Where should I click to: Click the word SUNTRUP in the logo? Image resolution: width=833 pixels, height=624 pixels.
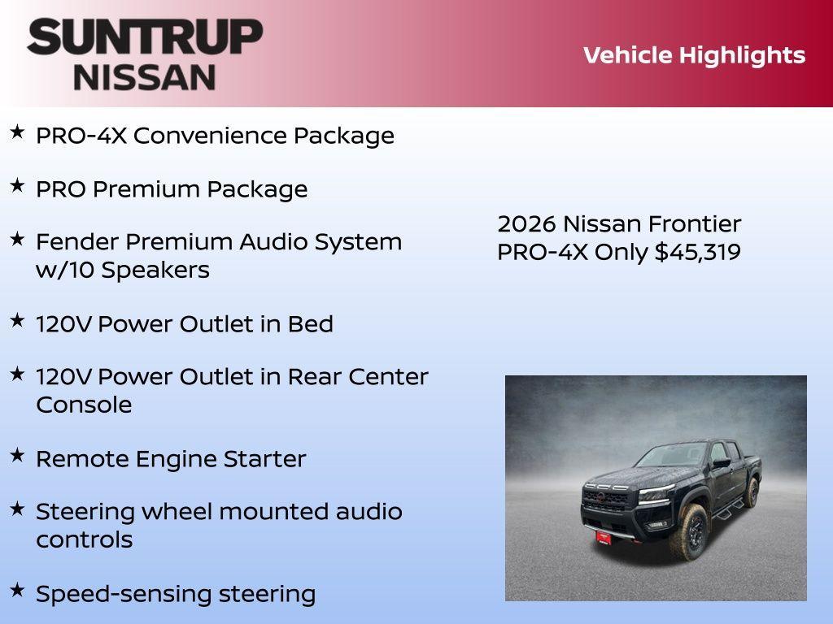pos(145,37)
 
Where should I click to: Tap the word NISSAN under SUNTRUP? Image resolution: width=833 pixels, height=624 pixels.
pos(145,76)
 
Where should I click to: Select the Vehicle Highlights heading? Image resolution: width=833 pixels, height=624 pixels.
pos(694,55)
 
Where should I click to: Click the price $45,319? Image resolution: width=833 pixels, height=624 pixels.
pos(698,252)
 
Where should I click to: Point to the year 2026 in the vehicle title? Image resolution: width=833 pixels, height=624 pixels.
pos(526,223)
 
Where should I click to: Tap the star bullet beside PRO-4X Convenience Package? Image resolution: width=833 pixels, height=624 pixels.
pos(17,132)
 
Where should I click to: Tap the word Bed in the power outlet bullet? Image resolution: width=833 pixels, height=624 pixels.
pos(310,324)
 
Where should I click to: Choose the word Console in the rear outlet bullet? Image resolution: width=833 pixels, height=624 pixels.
pos(84,405)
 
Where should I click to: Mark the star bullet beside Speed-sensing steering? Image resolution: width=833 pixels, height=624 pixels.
pos(17,590)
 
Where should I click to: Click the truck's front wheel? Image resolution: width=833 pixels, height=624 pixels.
pos(693,531)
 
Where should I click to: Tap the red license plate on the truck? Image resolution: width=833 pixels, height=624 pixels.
pos(603,536)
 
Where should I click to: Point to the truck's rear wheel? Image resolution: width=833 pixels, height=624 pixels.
pos(752,492)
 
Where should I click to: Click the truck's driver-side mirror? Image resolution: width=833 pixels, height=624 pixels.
pos(721,463)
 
